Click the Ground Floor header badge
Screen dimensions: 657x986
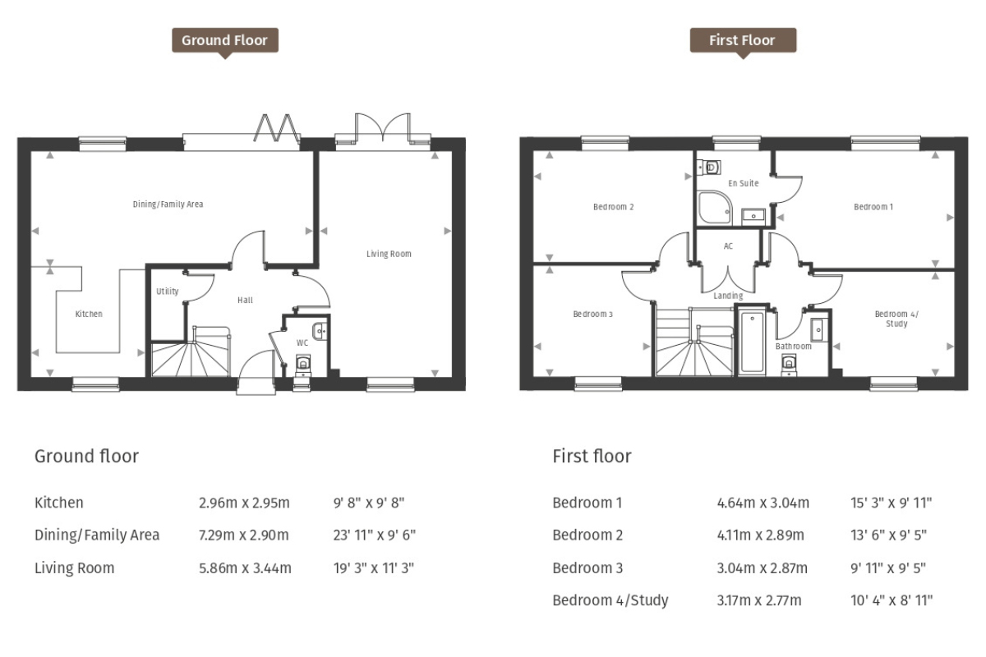(x=224, y=40)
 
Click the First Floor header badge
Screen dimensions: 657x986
(x=743, y=40)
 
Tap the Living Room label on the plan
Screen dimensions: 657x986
(x=389, y=254)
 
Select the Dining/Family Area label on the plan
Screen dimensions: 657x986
(x=168, y=204)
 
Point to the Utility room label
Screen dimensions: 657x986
(x=167, y=292)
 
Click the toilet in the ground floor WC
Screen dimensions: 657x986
(x=303, y=362)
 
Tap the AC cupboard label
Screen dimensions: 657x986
(x=728, y=246)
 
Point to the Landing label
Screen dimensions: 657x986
(x=728, y=296)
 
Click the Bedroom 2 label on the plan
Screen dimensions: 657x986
(x=613, y=207)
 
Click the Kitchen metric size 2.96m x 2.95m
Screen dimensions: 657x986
(x=244, y=503)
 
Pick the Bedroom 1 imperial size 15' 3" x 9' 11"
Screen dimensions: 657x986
(x=892, y=503)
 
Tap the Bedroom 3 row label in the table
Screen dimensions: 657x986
(x=587, y=567)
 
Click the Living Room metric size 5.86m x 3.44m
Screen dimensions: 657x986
(x=245, y=567)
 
